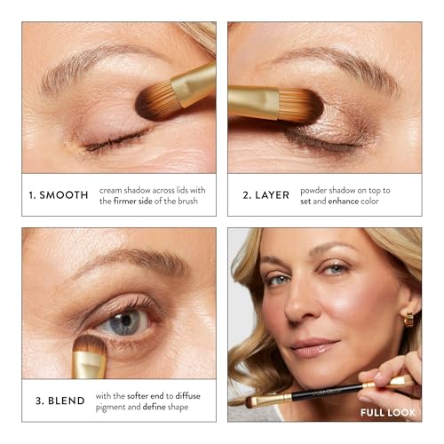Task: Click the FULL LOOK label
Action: [390, 413]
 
